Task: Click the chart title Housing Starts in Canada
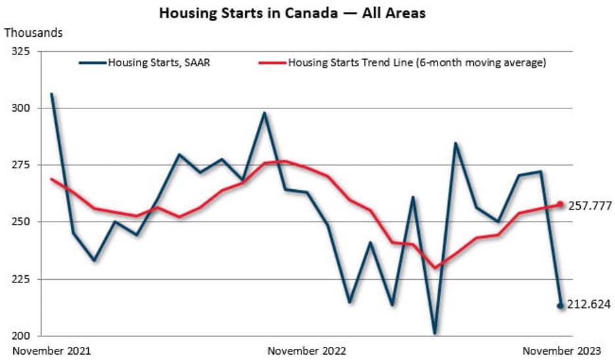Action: click(292, 13)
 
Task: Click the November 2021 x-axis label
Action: click(52, 351)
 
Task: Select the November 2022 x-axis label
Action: click(306, 351)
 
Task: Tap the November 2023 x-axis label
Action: click(561, 351)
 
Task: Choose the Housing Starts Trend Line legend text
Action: click(417, 63)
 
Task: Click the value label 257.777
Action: click(589, 206)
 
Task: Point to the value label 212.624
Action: click(589, 304)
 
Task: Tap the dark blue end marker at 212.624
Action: click(560, 305)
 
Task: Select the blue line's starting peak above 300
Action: click(52, 94)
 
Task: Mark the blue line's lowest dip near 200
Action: click(434, 332)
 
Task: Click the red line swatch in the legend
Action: click(271, 63)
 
